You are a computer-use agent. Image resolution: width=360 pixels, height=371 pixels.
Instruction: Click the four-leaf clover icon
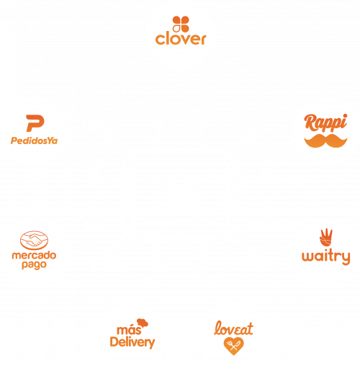click(181, 24)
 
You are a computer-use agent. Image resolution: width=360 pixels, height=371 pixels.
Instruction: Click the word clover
click(181, 39)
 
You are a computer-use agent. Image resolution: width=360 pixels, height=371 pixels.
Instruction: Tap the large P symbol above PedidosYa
click(35, 123)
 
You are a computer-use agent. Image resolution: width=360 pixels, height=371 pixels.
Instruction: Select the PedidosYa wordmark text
click(34, 140)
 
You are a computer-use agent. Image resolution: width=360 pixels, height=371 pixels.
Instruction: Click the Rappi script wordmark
click(325, 122)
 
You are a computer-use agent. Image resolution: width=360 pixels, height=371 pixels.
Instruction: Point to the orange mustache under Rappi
click(325, 140)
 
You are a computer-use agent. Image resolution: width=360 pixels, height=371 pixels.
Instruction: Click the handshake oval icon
click(34, 240)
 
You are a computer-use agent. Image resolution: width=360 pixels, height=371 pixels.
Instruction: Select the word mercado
click(34, 255)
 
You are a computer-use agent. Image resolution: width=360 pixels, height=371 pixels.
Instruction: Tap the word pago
click(34, 265)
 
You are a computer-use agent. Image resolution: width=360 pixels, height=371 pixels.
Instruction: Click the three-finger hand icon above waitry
click(326, 238)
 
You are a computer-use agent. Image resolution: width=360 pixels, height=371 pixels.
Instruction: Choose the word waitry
click(326, 257)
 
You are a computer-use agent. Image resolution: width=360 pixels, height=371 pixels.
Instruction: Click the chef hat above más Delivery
click(143, 323)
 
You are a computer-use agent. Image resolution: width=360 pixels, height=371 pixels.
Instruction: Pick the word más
click(129, 330)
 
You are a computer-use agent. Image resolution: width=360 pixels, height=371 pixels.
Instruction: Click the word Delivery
click(132, 342)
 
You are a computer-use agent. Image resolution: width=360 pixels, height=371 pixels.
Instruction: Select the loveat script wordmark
click(233, 328)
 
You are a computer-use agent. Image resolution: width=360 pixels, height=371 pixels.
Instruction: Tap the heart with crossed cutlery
click(233, 346)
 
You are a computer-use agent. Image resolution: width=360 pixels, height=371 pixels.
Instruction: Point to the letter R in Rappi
click(310, 122)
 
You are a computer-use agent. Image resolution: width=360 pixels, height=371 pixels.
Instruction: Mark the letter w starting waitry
click(308, 256)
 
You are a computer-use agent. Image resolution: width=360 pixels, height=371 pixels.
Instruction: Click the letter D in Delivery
click(114, 342)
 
